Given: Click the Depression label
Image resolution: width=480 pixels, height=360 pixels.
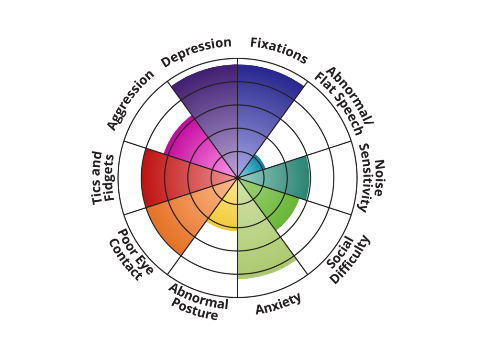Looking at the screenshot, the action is (x=196, y=51).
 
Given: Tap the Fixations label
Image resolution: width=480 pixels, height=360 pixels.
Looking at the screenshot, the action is (x=279, y=50).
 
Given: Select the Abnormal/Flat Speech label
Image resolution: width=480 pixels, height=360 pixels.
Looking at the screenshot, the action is (x=344, y=100).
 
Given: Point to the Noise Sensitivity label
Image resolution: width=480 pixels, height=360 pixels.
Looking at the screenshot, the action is (x=372, y=178).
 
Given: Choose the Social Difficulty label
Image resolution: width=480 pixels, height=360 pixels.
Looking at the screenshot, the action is (x=348, y=259).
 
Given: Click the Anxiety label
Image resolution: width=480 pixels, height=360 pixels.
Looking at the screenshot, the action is (x=278, y=304).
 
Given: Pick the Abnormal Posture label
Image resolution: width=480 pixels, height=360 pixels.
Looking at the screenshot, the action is (x=199, y=302).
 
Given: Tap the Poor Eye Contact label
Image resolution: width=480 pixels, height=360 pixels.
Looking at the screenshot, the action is (x=131, y=254).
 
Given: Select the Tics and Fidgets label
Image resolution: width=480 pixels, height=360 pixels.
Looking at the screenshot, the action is (x=103, y=178).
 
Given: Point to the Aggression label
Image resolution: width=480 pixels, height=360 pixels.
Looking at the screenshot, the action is (x=130, y=100).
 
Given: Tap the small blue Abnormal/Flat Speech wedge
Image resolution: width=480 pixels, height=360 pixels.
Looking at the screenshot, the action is (x=253, y=166).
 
